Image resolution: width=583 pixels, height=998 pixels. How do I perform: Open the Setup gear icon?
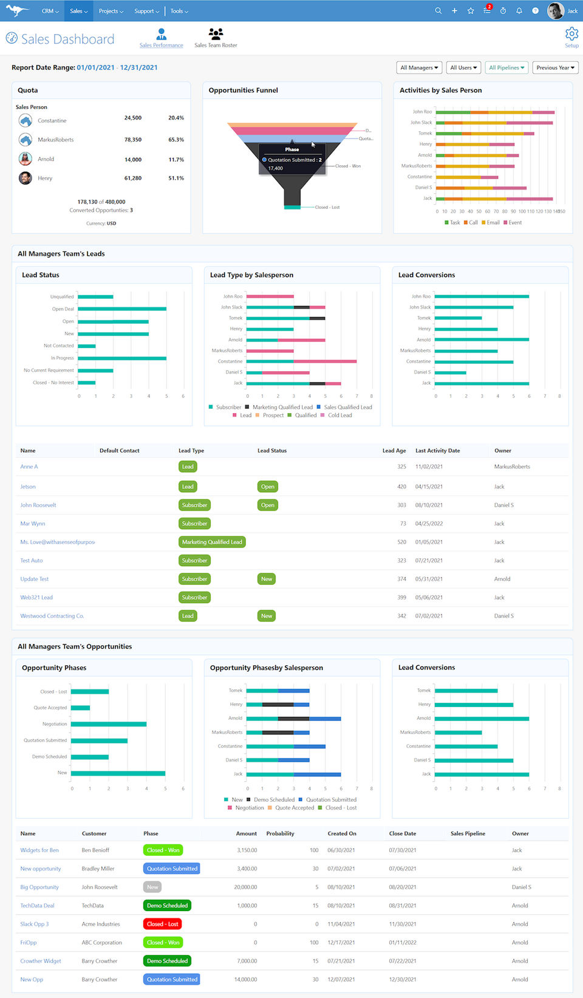(571, 35)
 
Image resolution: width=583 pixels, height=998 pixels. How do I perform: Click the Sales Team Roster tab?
(216, 38)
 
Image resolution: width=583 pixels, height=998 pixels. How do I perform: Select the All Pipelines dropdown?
(506, 67)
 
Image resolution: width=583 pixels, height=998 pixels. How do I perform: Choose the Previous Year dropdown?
(555, 67)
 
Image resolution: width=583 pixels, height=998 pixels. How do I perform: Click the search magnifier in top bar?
(438, 11)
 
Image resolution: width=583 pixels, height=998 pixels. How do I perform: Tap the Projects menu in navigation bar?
(111, 11)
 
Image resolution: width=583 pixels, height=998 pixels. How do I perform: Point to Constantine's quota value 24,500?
(133, 118)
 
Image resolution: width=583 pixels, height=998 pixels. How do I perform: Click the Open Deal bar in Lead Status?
(122, 309)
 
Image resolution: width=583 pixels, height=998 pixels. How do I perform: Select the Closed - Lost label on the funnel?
(327, 207)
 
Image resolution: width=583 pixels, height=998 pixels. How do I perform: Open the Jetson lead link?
(28, 487)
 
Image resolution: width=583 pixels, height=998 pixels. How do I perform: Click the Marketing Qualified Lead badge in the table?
(212, 542)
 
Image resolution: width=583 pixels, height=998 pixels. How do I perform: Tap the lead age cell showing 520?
(401, 542)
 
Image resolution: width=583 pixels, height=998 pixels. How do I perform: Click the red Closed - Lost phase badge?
(163, 924)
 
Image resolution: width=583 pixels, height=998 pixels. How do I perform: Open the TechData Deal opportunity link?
(37, 906)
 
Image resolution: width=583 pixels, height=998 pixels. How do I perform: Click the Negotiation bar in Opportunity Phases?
(109, 724)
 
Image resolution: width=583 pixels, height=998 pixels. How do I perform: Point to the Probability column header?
(280, 833)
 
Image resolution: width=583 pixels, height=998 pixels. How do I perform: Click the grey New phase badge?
(152, 887)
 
